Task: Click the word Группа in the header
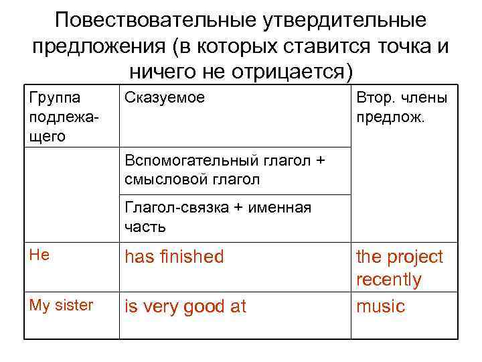tap(55, 98)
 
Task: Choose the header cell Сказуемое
tap(165, 98)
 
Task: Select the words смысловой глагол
tap(192, 179)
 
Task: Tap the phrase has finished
tap(174, 257)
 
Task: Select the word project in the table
tap(415, 257)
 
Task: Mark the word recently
tap(388, 280)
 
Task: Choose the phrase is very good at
tap(185, 306)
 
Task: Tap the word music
tap(380, 306)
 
